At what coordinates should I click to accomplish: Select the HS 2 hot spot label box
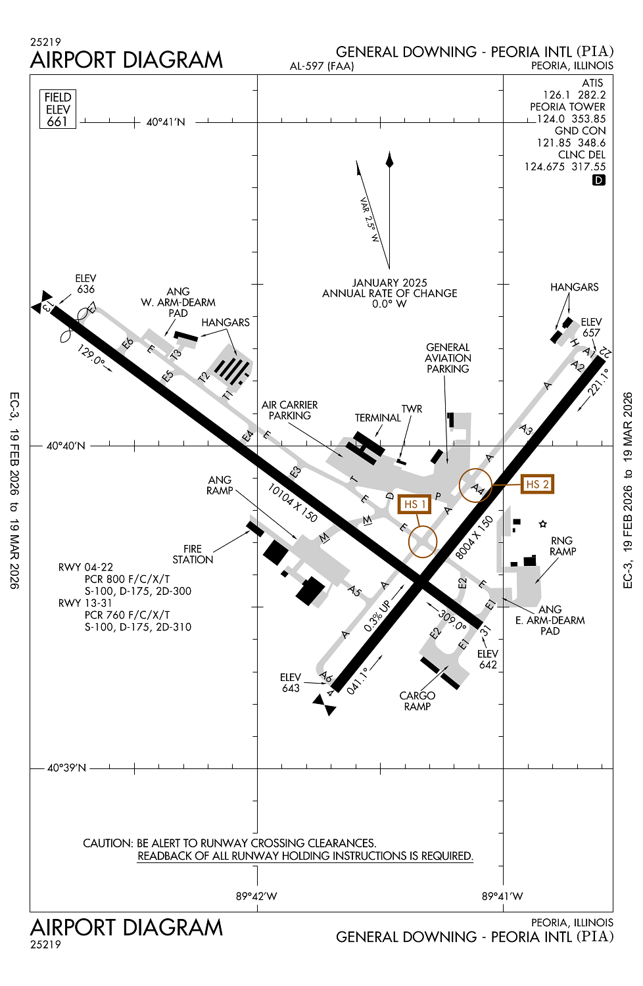tap(536, 484)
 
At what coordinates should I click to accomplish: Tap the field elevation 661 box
tap(58, 109)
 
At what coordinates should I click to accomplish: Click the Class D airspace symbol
tap(598, 180)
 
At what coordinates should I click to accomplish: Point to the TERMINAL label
tap(377, 418)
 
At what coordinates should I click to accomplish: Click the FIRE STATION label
tap(193, 554)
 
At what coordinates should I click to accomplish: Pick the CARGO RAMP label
tap(417, 701)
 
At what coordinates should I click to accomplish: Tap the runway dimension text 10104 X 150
tap(293, 503)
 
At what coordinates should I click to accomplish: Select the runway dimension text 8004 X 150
tap(474, 538)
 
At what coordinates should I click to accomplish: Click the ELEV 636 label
tap(85, 284)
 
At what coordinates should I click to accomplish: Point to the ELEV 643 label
tap(291, 683)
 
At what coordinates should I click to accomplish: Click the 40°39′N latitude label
tap(66, 768)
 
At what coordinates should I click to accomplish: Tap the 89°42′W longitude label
tap(256, 896)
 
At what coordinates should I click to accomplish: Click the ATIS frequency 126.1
tap(556, 95)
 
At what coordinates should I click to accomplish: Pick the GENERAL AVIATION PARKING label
tap(448, 358)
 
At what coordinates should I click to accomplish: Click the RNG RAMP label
tap(563, 546)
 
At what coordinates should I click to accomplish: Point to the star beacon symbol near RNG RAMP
tap(542, 524)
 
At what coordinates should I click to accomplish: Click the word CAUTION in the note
tap(108, 843)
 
